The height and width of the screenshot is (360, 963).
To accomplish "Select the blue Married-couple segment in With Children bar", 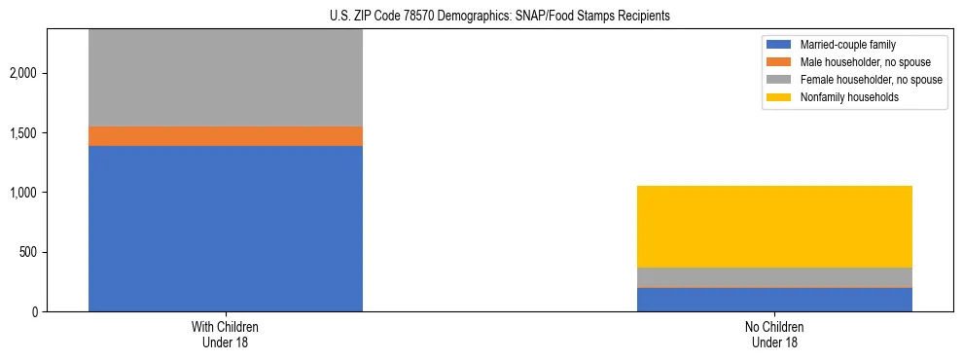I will (226, 229).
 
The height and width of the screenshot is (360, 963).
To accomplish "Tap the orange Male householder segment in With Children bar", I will (226, 136).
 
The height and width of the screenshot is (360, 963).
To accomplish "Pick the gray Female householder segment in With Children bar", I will (226, 78).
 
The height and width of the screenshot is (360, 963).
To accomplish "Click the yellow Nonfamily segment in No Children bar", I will (774, 226).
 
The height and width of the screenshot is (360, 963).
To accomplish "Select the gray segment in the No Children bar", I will (774, 276).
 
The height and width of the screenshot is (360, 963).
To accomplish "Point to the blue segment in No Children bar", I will (774, 300).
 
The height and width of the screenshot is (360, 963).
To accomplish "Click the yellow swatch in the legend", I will (779, 97).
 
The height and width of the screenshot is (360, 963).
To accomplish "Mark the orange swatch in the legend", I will (779, 62).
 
